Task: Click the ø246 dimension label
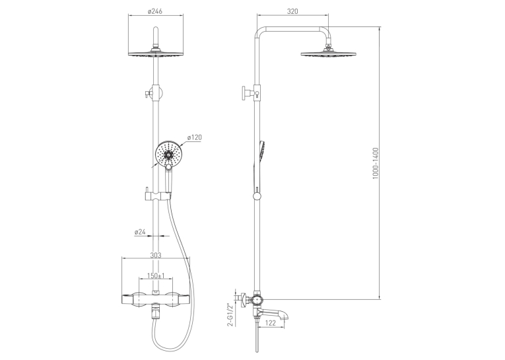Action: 155,11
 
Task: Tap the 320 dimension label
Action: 292,11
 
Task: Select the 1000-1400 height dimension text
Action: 376,163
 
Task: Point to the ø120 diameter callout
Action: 195,137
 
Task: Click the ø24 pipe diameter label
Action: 140,232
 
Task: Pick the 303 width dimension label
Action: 156,255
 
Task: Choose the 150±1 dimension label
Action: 156,276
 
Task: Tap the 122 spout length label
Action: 271,323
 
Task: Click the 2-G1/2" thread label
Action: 230,314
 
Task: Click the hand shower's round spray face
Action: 169,155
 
